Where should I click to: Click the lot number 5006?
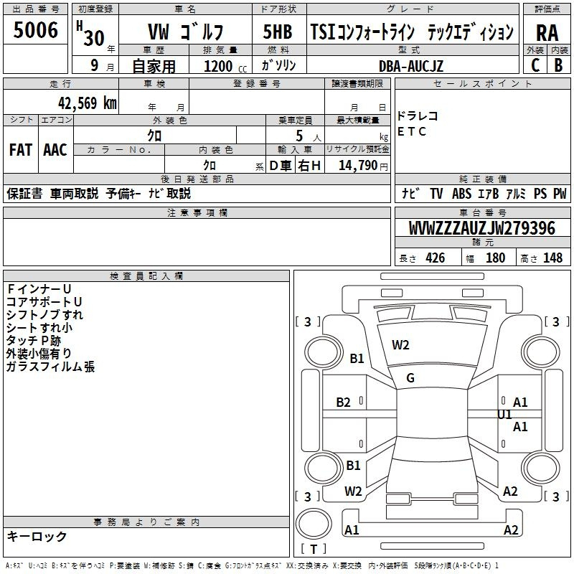pyautogui.click(x=35, y=30)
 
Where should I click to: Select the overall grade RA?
pyautogui.click(x=547, y=33)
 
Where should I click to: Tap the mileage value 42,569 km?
pyautogui.click(x=87, y=103)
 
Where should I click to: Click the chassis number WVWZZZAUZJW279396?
pyautogui.click(x=482, y=228)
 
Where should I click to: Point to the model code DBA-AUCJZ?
pyautogui.click(x=410, y=66)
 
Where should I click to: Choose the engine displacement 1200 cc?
pyautogui.click(x=225, y=66)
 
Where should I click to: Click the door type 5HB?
pyautogui.click(x=278, y=32)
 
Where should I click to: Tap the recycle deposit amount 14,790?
pyautogui.click(x=358, y=166)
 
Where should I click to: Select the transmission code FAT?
pyautogui.click(x=21, y=150)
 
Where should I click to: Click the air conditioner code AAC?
pyautogui.click(x=55, y=150)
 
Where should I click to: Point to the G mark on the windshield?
pyautogui.click(x=410, y=378)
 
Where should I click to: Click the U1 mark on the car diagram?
pyautogui.click(x=504, y=415)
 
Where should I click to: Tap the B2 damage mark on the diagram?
pyautogui.click(x=343, y=403)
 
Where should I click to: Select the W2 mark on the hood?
pyautogui.click(x=400, y=345)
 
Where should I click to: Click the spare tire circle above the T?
pyautogui.click(x=314, y=524)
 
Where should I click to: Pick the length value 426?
pyautogui.click(x=436, y=258)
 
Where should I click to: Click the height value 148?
pyautogui.click(x=552, y=258)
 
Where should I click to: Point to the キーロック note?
pyautogui.click(x=37, y=537)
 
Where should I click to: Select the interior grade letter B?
pyautogui.click(x=559, y=65)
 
